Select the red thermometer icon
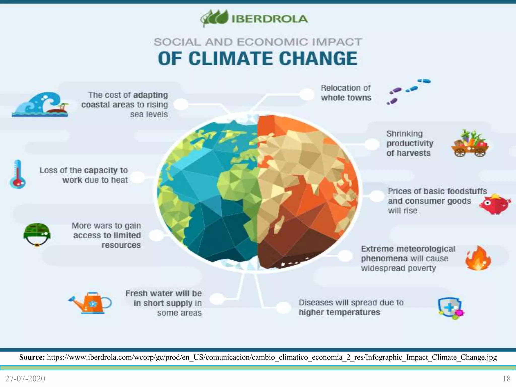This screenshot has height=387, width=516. click(18, 174)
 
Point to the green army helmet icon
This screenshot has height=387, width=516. click(37, 234)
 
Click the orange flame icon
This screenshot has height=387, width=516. click(478, 259)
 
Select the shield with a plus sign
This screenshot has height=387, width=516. click(450, 308)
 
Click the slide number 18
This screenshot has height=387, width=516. click(506, 379)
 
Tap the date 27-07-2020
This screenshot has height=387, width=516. click(25, 379)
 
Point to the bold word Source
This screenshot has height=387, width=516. click(32, 357)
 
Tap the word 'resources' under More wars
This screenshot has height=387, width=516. click(121, 245)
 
